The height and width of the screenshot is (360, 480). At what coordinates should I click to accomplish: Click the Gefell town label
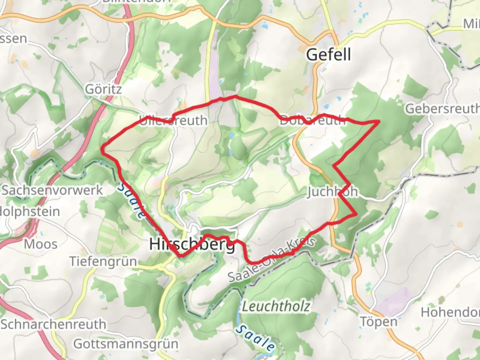tap(328, 54)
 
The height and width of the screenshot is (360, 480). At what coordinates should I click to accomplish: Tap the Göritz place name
tap(103, 89)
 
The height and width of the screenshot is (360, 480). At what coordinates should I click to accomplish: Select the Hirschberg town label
tap(192, 244)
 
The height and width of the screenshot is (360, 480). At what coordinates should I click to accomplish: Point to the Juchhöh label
tap(332, 192)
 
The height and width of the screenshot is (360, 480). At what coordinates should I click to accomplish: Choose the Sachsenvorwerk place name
tap(52, 190)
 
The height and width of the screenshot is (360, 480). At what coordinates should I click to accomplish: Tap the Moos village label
tap(41, 244)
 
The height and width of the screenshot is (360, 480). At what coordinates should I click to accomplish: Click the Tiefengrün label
tap(103, 261)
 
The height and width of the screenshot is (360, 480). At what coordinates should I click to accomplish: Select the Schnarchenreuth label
tap(53, 324)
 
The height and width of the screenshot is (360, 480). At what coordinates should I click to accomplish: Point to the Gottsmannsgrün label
tap(126, 344)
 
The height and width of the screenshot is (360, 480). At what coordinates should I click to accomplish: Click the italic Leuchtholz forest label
tap(276, 306)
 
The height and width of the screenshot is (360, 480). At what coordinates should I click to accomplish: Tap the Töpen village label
tap(379, 322)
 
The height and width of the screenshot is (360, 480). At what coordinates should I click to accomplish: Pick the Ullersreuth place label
tap(173, 120)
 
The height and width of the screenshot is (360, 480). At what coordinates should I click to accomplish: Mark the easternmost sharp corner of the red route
tap(380, 121)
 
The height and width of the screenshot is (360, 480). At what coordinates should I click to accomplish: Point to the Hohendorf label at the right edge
tap(450, 312)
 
